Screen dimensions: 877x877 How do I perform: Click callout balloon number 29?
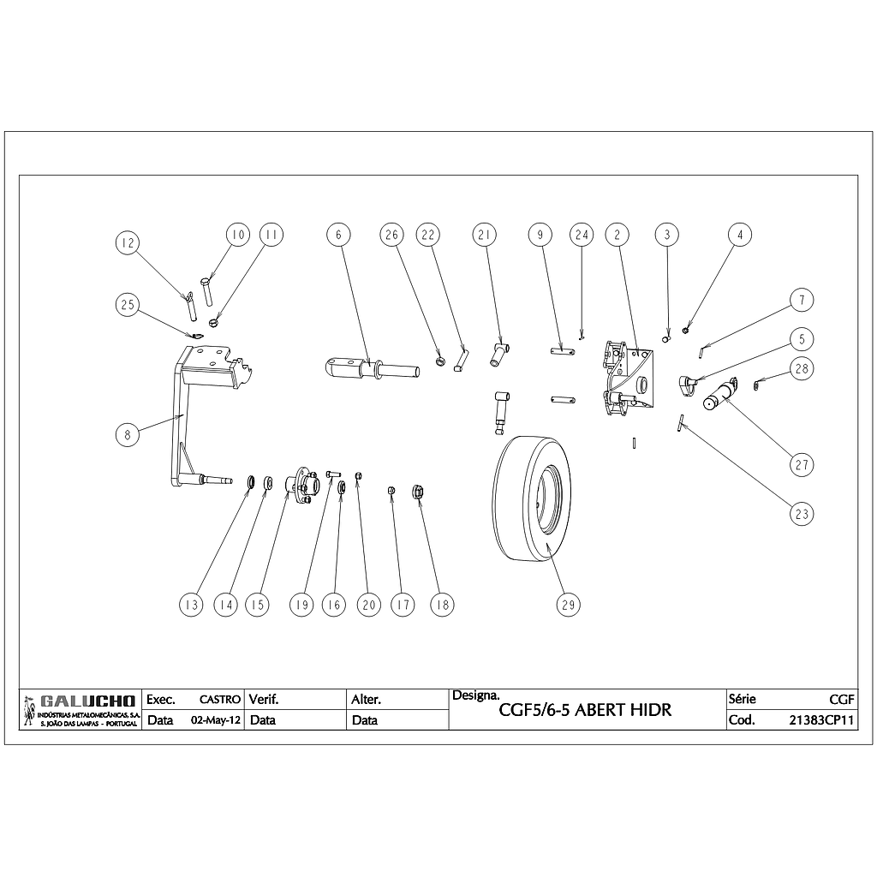click(567, 604)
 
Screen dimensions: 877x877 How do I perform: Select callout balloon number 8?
click(127, 434)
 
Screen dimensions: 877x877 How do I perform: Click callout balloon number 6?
click(338, 234)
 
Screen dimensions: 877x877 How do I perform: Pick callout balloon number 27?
click(802, 465)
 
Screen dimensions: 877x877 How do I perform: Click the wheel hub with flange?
click(299, 486)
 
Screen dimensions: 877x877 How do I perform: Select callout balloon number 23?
click(802, 514)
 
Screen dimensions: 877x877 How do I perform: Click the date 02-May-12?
click(213, 720)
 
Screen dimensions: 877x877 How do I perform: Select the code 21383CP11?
click(821, 720)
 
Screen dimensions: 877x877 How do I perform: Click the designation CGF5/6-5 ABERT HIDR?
click(585, 711)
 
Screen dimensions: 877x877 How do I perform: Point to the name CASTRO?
click(219, 700)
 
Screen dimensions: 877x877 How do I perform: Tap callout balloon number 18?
click(442, 604)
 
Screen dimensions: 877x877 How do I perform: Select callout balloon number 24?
click(582, 234)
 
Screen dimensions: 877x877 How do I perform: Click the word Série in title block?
click(742, 699)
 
